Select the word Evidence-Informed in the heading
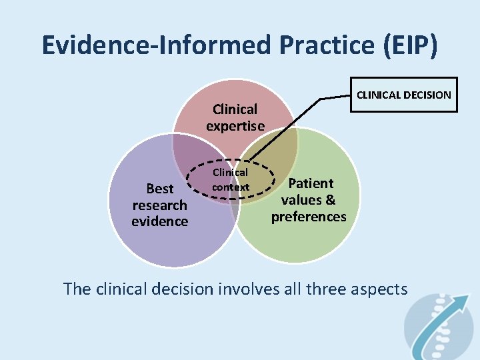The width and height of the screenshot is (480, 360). point(155,45)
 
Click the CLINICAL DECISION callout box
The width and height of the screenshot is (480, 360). point(403,95)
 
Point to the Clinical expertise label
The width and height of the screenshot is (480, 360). point(235,117)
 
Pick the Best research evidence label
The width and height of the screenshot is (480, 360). point(160,205)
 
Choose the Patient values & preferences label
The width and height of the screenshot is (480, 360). point(309,200)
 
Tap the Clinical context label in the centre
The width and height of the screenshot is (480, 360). point(230,180)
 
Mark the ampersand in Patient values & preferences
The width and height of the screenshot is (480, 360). point(330,200)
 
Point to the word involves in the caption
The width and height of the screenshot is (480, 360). point(244,289)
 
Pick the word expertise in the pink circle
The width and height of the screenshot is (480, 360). point(235,125)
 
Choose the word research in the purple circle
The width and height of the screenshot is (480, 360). point(160,205)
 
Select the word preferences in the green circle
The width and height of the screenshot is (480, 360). point(309,217)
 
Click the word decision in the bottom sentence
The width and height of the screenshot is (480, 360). point(182,289)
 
